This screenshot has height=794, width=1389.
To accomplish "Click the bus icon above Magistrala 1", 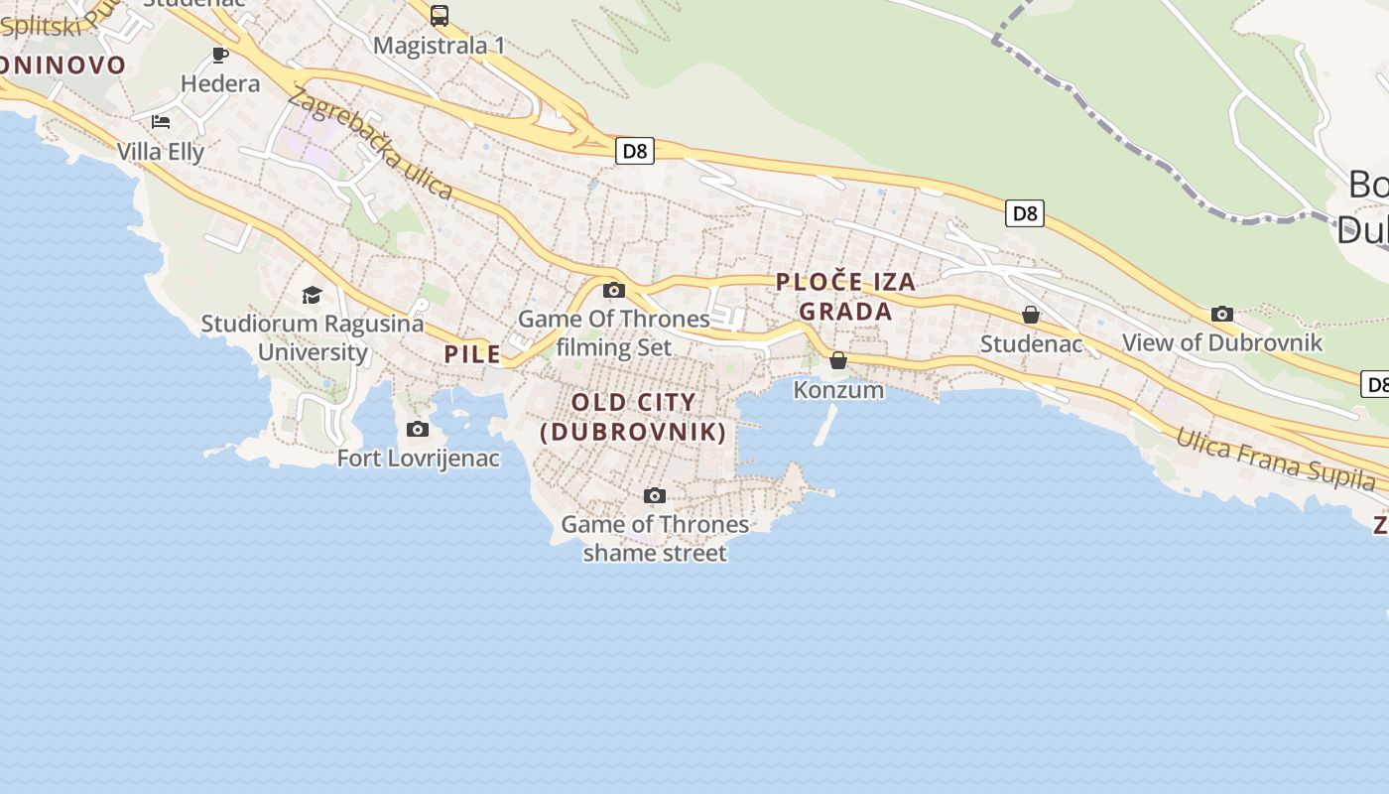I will coord(440,16).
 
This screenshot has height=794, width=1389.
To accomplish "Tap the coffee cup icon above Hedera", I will coord(220,55).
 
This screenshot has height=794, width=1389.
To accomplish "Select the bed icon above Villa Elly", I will coord(161,122).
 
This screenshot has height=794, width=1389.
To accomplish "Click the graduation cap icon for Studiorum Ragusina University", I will coord(313,295).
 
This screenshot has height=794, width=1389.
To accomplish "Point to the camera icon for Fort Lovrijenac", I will coord(418,430).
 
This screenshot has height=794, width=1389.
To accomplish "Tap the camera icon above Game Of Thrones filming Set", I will coord(614,290).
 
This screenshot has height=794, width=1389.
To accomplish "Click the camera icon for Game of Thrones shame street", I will coord(655,495).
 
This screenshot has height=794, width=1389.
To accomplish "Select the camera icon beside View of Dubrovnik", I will coord(1222,314).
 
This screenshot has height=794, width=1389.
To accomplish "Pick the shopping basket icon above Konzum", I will coord(838,360).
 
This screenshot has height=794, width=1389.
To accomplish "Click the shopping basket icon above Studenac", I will coord(1031,315).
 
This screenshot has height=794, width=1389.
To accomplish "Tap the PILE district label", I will coord(472,354).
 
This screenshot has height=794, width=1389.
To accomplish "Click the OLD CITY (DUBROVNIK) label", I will coord(633,417).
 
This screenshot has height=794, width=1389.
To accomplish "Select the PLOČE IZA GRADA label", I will coord(845,297).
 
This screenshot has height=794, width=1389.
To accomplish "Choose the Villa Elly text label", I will coord(161,152).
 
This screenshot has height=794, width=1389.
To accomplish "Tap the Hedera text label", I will coord(220,83).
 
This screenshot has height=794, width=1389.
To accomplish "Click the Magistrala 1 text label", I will coord(440,46).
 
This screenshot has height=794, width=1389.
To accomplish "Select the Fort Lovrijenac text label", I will coord(418,459).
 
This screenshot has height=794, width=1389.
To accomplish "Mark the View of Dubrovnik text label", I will coord(1222,343).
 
